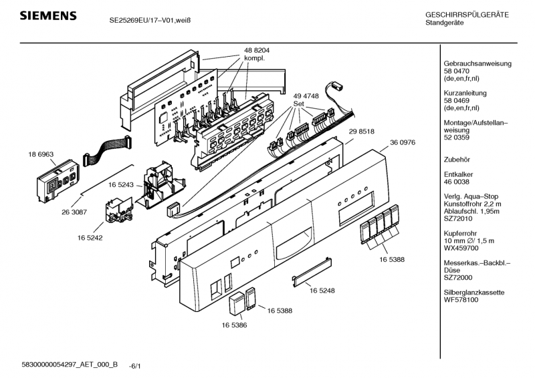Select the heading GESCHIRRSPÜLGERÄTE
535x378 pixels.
point(467,15)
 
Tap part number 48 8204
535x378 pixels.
point(257,51)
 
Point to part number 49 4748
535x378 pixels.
point(306,96)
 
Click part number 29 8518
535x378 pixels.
point(360,133)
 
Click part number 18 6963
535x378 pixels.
point(41,154)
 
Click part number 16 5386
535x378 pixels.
point(235,325)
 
